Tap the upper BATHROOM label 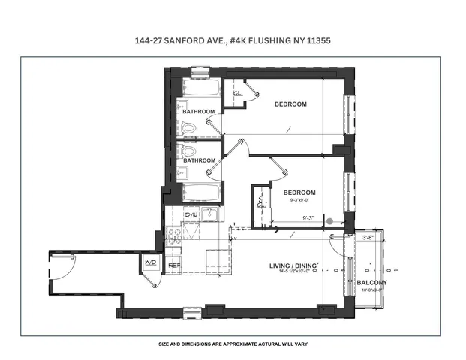coord(198,112)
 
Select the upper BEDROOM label coord(290,104)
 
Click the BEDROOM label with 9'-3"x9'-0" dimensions coord(299,193)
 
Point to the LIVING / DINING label coord(294,266)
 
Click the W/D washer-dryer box coord(150,263)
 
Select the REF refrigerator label coord(173,265)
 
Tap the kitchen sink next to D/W coord(209,215)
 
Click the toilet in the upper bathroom coord(188,127)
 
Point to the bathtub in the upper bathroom coord(199,88)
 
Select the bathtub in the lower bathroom coord(199,193)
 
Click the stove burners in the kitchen coord(173,237)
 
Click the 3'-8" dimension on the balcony coord(368,238)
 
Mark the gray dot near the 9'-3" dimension coord(329,221)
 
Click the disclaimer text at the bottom coord(233,343)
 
